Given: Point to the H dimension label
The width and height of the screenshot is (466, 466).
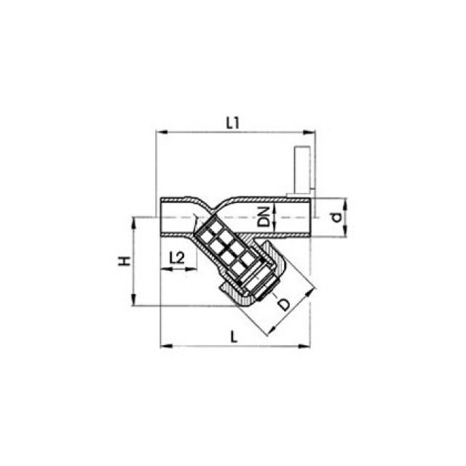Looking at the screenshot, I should [125, 261].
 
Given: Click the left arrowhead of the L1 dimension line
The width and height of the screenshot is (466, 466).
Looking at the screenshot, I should [160, 133].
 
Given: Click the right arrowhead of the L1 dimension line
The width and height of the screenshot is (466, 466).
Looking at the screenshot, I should [312, 133].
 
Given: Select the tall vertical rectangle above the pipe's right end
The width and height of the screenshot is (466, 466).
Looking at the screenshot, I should [301, 169].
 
